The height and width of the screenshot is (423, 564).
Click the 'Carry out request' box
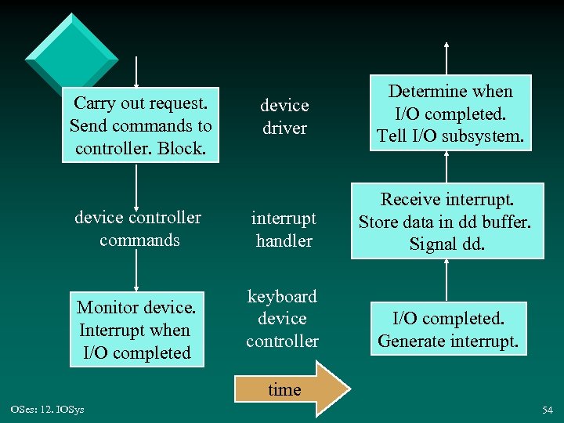click(x=140, y=125)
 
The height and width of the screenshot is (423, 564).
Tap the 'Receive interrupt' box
click(x=446, y=222)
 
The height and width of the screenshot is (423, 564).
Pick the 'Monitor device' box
click(x=137, y=330)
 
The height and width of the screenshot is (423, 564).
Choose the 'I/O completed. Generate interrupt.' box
click(x=447, y=330)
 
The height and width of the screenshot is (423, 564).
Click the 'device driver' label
click(x=284, y=116)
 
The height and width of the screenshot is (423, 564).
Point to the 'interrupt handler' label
click(x=284, y=229)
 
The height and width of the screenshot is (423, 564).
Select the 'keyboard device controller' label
click(x=282, y=318)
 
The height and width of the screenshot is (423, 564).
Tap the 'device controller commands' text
click(x=139, y=229)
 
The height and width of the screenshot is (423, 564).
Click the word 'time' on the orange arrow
click(x=284, y=390)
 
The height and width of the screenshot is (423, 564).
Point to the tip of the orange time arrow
click(x=347, y=389)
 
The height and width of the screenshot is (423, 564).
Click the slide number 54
click(x=547, y=410)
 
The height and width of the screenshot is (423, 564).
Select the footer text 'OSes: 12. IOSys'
click(x=48, y=410)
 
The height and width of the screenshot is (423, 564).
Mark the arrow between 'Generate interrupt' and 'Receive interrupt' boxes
click(x=446, y=280)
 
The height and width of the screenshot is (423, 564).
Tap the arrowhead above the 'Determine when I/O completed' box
click(x=446, y=45)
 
